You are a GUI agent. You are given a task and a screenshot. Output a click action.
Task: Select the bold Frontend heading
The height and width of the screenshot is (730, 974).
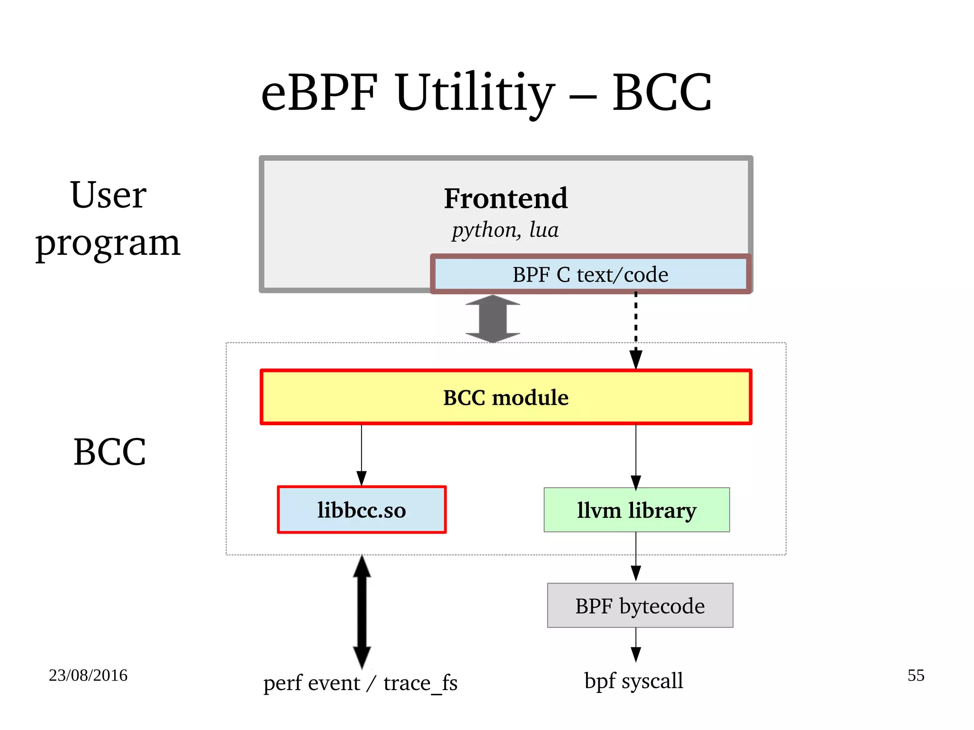pos(506,198)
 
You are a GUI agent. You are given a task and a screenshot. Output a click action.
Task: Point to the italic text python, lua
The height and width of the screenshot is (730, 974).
pos(505,230)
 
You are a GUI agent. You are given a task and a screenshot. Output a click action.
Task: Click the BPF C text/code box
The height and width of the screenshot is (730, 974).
pos(590,274)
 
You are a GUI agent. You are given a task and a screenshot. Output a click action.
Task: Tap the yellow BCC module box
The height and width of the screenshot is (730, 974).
pos(506,397)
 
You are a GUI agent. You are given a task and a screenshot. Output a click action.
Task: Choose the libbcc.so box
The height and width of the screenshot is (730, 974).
pos(361,510)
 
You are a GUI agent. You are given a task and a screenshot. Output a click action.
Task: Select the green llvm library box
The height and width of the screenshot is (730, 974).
pos(636,510)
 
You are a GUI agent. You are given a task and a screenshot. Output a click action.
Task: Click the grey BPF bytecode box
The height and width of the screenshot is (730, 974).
pos(640,605)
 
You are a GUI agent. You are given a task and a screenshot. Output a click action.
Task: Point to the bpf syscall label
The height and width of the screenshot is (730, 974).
pos(633,680)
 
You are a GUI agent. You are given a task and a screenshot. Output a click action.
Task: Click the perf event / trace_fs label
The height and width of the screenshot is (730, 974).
pos(360,683)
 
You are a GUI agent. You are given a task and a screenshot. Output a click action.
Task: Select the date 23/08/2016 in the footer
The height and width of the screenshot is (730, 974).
pos(88,675)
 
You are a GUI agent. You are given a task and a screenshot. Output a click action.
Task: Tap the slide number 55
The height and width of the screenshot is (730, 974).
pos(916,675)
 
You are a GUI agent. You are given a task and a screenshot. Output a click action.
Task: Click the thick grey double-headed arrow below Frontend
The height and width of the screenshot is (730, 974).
pos(493,319)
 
